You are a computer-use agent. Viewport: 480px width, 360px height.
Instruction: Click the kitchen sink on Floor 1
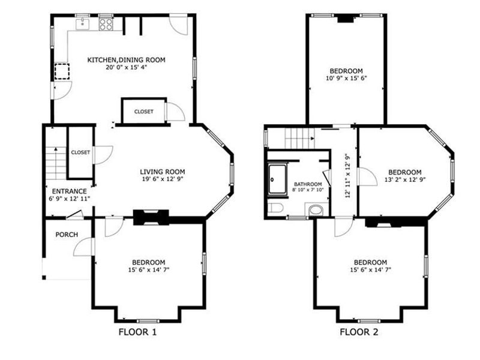83,24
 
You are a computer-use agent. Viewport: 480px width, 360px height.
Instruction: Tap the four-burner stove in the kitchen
106,24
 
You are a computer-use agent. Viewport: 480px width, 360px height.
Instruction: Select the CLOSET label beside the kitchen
144,112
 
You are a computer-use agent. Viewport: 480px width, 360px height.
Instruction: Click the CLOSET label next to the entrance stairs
80,152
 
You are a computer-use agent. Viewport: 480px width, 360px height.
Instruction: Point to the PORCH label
67,235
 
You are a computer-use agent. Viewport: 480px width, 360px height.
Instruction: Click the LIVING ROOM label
163,172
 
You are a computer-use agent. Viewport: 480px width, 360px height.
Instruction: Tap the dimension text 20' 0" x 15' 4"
127,67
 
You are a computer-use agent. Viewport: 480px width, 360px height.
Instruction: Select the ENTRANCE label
69,191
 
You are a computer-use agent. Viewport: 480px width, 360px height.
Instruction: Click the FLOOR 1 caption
137,332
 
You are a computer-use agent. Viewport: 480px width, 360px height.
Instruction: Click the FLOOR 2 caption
359,332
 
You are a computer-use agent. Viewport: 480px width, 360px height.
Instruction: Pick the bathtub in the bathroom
278,179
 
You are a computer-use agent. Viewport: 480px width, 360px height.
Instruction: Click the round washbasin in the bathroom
316,211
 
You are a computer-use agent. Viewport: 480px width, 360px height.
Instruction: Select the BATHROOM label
308,184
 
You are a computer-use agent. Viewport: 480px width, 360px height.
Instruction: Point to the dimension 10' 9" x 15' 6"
346,78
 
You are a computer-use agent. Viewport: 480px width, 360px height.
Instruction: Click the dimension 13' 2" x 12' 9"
405,179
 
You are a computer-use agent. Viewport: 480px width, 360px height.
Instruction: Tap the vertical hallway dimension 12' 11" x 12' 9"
347,176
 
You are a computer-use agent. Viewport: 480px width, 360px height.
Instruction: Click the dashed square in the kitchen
62,71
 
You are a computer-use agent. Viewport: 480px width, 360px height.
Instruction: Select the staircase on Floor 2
300,138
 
